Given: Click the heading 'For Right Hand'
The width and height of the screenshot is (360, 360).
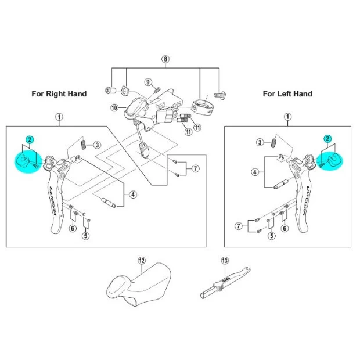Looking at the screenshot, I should (x=59, y=93).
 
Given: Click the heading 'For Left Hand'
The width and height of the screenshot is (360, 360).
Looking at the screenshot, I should (x=287, y=93).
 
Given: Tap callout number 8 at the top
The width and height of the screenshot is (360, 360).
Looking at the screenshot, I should (x=165, y=59).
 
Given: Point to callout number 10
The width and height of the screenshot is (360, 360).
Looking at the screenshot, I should (x=114, y=108).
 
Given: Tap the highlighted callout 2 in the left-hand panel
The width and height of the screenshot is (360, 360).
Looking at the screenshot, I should (x=327, y=138).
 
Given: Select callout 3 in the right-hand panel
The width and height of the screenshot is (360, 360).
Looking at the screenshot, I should (x=98, y=145).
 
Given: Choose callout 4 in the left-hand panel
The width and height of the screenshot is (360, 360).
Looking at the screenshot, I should (x=255, y=172).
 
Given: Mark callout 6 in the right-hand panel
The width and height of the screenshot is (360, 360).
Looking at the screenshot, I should (x=73, y=228).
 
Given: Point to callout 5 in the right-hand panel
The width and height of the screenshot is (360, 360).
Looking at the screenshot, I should (x=86, y=235).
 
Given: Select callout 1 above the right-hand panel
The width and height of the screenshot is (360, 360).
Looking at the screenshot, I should (x=59, y=117).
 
